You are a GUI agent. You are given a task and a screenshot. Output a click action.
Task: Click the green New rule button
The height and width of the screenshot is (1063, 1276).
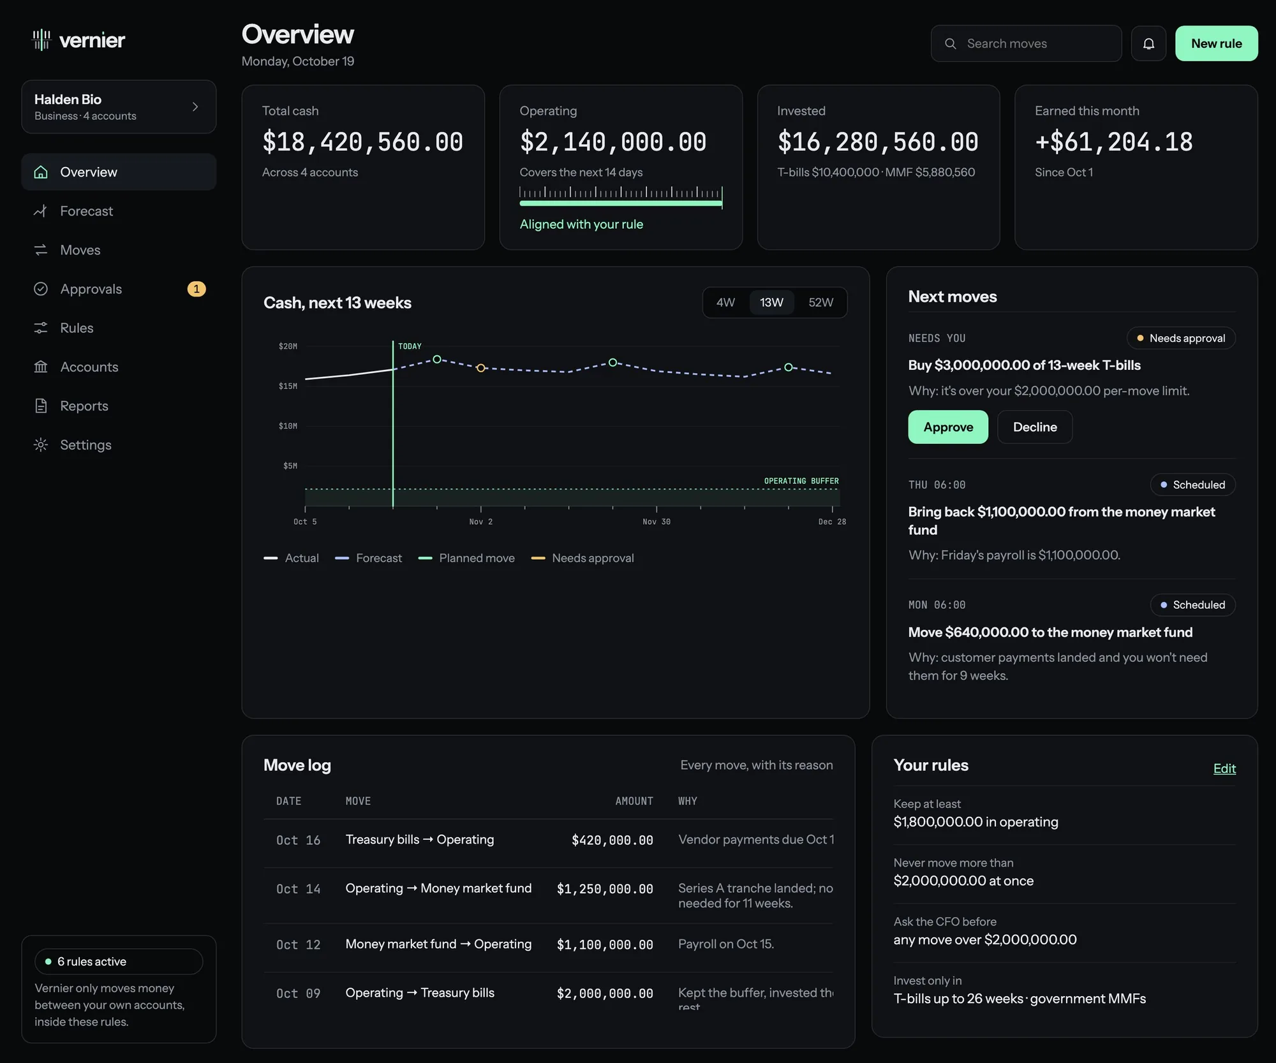(x=1216, y=43)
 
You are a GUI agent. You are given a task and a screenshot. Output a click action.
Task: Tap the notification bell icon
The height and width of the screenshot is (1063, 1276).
(x=1148, y=43)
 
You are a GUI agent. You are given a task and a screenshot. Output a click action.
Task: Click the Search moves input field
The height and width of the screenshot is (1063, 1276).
(x=1026, y=43)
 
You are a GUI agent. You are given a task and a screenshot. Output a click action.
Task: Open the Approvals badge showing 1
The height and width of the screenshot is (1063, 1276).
(x=197, y=289)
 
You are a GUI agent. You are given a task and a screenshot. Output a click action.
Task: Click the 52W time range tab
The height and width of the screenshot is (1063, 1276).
(x=820, y=302)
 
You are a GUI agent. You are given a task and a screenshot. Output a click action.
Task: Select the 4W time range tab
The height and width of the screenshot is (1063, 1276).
(x=725, y=302)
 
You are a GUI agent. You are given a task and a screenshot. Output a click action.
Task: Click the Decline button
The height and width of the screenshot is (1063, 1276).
(x=1035, y=427)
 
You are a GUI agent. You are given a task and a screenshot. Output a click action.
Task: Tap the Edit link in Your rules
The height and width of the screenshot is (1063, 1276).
(x=1224, y=768)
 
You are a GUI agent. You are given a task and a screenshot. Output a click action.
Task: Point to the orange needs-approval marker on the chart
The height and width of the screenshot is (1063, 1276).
(x=481, y=368)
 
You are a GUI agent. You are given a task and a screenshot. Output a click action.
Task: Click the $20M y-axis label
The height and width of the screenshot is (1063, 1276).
(x=288, y=346)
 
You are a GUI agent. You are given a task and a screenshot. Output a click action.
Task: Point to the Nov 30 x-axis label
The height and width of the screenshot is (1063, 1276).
(x=657, y=522)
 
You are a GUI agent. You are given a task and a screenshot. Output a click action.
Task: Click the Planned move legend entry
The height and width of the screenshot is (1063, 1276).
(x=466, y=558)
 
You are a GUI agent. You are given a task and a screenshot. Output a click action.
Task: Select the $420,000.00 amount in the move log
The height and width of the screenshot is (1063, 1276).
(x=612, y=840)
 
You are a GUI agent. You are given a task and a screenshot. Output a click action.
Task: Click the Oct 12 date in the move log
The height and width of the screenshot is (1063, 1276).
(x=298, y=944)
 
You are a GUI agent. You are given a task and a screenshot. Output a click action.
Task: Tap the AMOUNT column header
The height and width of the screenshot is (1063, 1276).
(x=634, y=801)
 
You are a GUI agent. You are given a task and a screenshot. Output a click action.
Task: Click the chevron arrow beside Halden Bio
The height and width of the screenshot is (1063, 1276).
(x=195, y=106)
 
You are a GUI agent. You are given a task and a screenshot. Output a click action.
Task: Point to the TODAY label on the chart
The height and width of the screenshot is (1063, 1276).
(x=410, y=346)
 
